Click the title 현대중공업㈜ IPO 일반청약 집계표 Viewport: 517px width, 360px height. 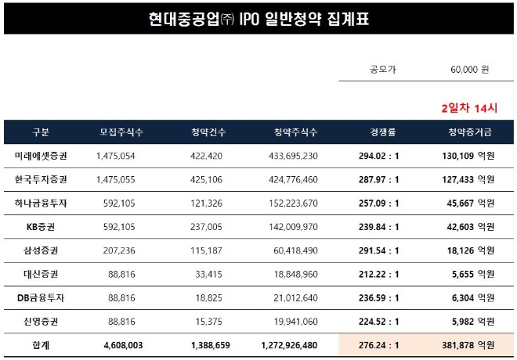pyautogui.click(x=258, y=18)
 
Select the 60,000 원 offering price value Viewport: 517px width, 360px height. pyautogui.click(x=469, y=70)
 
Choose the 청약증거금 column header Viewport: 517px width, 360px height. pyautogui.click(x=468, y=131)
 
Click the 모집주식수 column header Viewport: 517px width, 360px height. pyautogui.click(x=121, y=131)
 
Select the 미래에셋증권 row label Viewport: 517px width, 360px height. pyautogui.click(x=41, y=156)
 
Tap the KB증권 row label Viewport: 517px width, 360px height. pyautogui.click(x=41, y=227)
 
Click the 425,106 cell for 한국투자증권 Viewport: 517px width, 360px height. pyautogui.click(x=207, y=179)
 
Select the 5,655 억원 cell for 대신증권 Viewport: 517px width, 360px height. pyautogui.click(x=470, y=275)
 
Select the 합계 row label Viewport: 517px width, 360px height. pyautogui.click(x=41, y=345)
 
